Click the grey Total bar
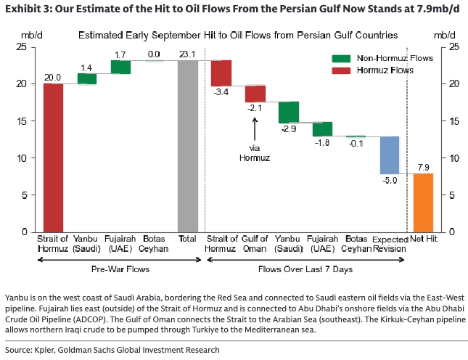188,147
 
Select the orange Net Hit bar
423,202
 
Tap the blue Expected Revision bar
390,155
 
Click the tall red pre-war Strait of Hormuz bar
53,158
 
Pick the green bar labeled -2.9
289,112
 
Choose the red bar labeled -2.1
255,94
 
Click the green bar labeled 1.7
120,67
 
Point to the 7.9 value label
423,168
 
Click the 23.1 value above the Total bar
187,54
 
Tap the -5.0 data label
390,180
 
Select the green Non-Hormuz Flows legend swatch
341,59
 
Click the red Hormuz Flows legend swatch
341,70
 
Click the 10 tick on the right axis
454,158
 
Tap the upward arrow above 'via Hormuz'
255,129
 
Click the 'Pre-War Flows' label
120,269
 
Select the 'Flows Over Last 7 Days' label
305,269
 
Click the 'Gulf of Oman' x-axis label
255,244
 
